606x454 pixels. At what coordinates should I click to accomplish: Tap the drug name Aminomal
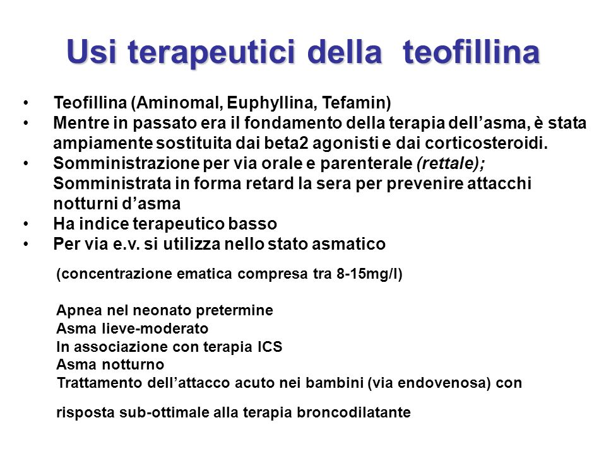180,103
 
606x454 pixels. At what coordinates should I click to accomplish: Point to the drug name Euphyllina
272,103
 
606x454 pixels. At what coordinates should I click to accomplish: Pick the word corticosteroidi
486,143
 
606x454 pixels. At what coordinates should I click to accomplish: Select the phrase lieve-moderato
155,329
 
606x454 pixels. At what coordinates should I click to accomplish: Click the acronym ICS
270,347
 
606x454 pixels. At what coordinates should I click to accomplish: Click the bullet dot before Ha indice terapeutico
26,224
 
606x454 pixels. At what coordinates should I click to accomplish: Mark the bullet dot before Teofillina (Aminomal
26,103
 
